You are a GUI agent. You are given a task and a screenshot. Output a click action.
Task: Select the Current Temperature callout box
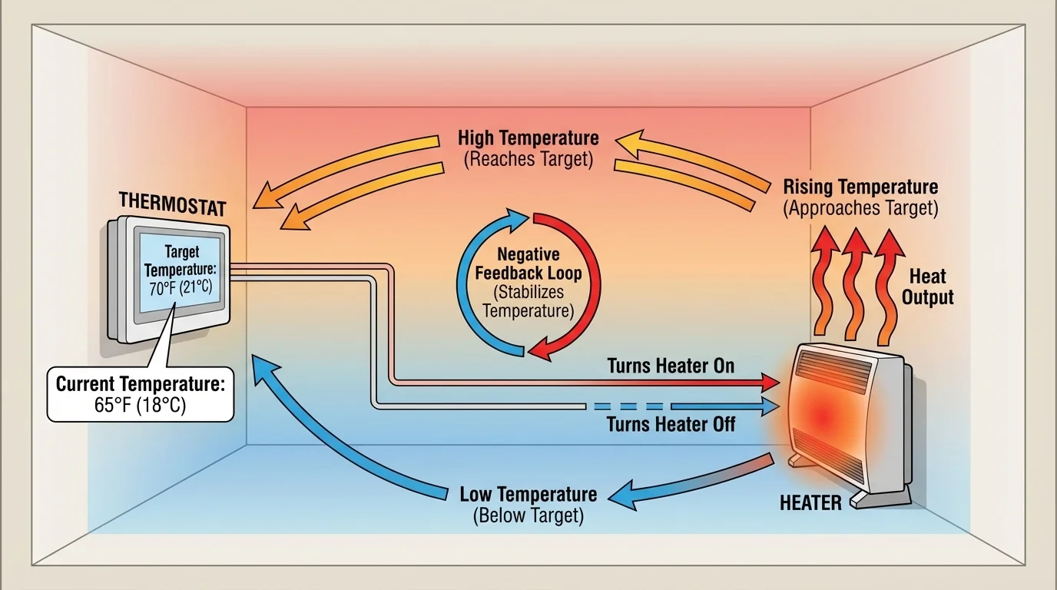pyautogui.click(x=140, y=394)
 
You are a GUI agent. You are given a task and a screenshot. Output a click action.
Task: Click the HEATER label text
pyautogui.click(x=810, y=502)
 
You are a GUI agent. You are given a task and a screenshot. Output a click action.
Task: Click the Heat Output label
pyautogui.click(x=927, y=287)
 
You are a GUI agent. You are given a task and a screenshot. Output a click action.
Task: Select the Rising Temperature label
pyautogui.click(x=860, y=197)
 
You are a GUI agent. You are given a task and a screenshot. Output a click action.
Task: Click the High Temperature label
pyautogui.click(x=528, y=148)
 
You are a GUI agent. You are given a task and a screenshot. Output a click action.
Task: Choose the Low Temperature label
pyautogui.click(x=528, y=504)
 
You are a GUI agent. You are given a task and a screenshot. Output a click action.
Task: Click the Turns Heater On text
pyautogui.click(x=671, y=366)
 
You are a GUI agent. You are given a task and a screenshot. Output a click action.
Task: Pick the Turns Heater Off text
pyautogui.click(x=671, y=423)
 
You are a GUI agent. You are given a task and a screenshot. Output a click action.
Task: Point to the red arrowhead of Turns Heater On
pyautogui.click(x=770, y=380)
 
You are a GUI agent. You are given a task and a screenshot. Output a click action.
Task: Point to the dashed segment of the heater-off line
pyautogui.click(x=626, y=406)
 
